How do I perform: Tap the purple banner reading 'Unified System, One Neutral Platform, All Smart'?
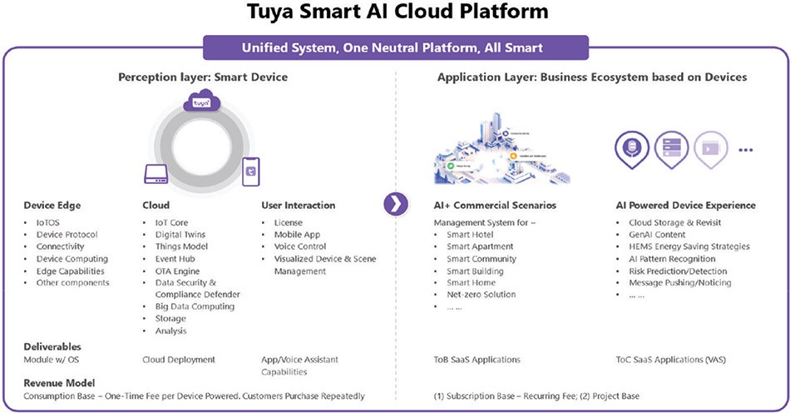click(394, 47)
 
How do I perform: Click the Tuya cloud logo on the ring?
click(200, 103)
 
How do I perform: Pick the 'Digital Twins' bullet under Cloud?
click(180, 235)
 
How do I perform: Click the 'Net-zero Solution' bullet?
click(481, 295)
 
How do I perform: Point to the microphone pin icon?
click(632, 148)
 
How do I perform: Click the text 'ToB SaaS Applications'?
click(477, 360)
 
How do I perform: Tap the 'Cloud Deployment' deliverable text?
click(179, 360)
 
